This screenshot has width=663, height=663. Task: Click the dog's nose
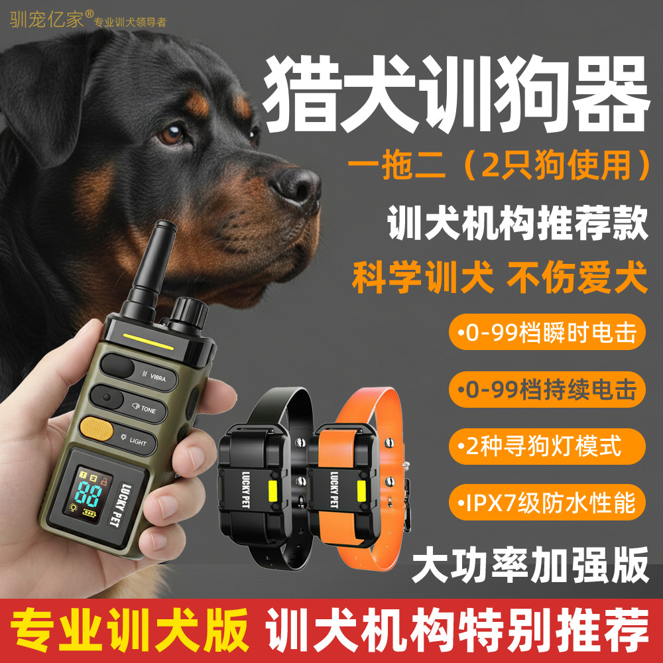click(295, 186)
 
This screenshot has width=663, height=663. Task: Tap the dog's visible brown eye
click(172, 135)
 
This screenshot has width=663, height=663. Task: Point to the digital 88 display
click(88, 494)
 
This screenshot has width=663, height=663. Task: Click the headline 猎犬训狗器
click(456, 94)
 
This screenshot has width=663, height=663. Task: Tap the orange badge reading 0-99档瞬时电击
click(547, 332)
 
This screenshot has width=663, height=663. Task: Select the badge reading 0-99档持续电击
click(547, 389)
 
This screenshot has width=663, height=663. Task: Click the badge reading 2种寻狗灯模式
click(547, 446)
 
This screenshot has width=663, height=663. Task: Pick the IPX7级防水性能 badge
click(547, 503)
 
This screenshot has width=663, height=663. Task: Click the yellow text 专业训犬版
click(130, 630)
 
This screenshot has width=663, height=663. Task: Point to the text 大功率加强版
click(530, 565)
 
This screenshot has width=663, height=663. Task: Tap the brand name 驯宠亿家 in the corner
click(47, 19)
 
